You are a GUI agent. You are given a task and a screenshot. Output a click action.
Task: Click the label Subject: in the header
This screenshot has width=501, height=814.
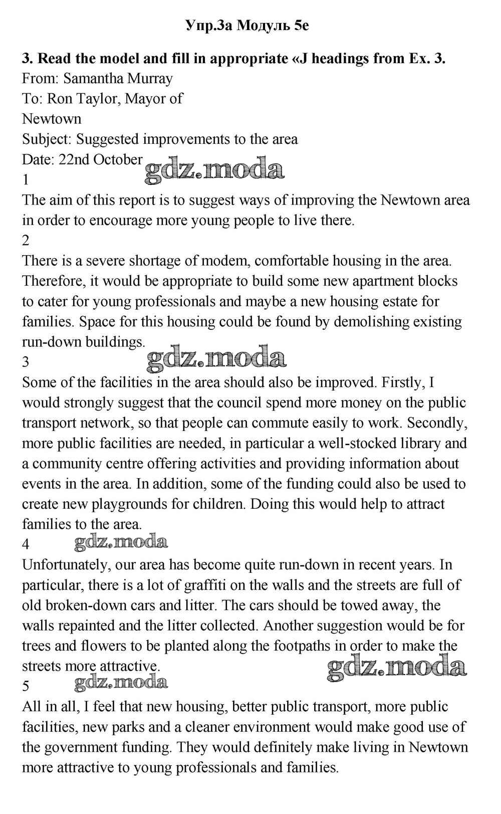coord(47,139)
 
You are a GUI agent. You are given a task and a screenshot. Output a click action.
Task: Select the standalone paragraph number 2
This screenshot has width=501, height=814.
coord(26,241)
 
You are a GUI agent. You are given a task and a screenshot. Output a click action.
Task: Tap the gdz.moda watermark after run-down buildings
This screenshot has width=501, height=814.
coord(216,358)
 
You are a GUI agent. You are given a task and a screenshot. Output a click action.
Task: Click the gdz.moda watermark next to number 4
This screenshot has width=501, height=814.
coord(121,541)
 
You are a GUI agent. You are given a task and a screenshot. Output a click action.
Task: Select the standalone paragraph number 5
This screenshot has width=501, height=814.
coord(26,686)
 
